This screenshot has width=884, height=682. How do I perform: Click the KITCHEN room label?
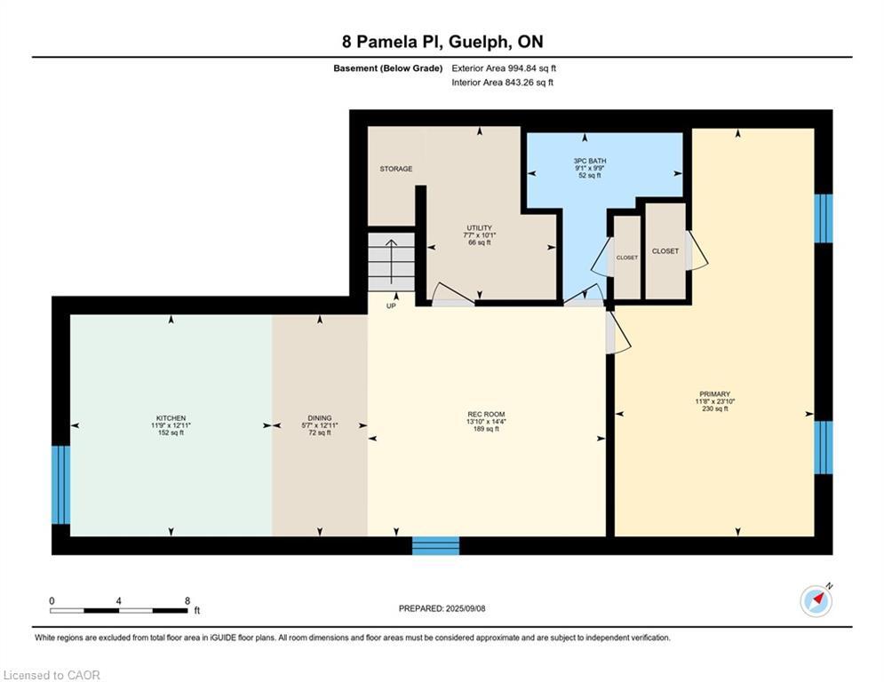(x=171, y=418)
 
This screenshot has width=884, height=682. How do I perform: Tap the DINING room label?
(x=319, y=418)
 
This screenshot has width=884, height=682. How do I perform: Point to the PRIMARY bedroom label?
(x=713, y=394)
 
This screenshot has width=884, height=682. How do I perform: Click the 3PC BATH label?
(x=589, y=161)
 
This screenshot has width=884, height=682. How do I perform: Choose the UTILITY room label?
(x=479, y=228)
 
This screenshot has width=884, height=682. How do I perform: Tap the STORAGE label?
(x=395, y=169)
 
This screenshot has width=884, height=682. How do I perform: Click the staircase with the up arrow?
(x=391, y=260)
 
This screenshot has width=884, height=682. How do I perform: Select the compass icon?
(x=816, y=601)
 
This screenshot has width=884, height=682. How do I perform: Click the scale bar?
(x=119, y=610)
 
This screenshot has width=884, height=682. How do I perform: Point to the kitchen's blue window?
(x=60, y=485)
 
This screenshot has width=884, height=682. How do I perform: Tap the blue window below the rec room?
(x=435, y=545)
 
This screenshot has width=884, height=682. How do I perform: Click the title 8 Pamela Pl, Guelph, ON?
(x=442, y=42)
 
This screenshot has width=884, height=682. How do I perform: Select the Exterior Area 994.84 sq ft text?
(x=504, y=68)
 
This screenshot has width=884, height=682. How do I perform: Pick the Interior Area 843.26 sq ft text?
(x=502, y=83)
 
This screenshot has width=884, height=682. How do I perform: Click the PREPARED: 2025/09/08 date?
(x=442, y=608)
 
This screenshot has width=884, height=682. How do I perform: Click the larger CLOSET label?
(x=665, y=251)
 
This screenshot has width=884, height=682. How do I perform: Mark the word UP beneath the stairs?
(x=391, y=306)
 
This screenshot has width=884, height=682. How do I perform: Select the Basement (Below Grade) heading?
(x=387, y=68)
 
